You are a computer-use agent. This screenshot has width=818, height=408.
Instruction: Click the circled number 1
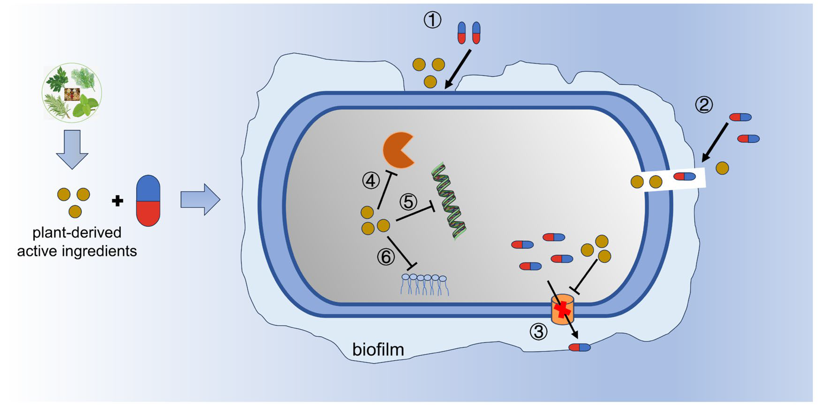pyautogui.click(x=432, y=21)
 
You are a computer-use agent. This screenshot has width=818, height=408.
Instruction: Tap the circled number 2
pyautogui.click(x=704, y=105)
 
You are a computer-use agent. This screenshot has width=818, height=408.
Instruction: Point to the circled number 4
pyautogui.click(x=371, y=181)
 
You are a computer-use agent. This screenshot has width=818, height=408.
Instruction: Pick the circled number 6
pyautogui.click(x=386, y=257)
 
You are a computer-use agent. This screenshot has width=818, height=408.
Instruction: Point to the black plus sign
pyautogui.click(x=117, y=201)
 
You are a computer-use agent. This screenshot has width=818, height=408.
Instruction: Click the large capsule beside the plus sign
pyautogui.click(x=148, y=200)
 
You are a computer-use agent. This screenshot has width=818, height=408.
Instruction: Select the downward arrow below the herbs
pyautogui.click(x=72, y=149)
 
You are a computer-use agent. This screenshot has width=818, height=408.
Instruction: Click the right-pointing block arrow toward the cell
pyautogui.click(x=200, y=200)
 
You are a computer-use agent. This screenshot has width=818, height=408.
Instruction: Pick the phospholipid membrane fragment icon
pyautogui.click(x=424, y=284)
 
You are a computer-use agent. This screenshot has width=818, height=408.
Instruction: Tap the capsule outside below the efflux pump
pyautogui.click(x=579, y=347)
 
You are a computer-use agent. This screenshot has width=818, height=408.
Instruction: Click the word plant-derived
pyautogui.click(x=77, y=233)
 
